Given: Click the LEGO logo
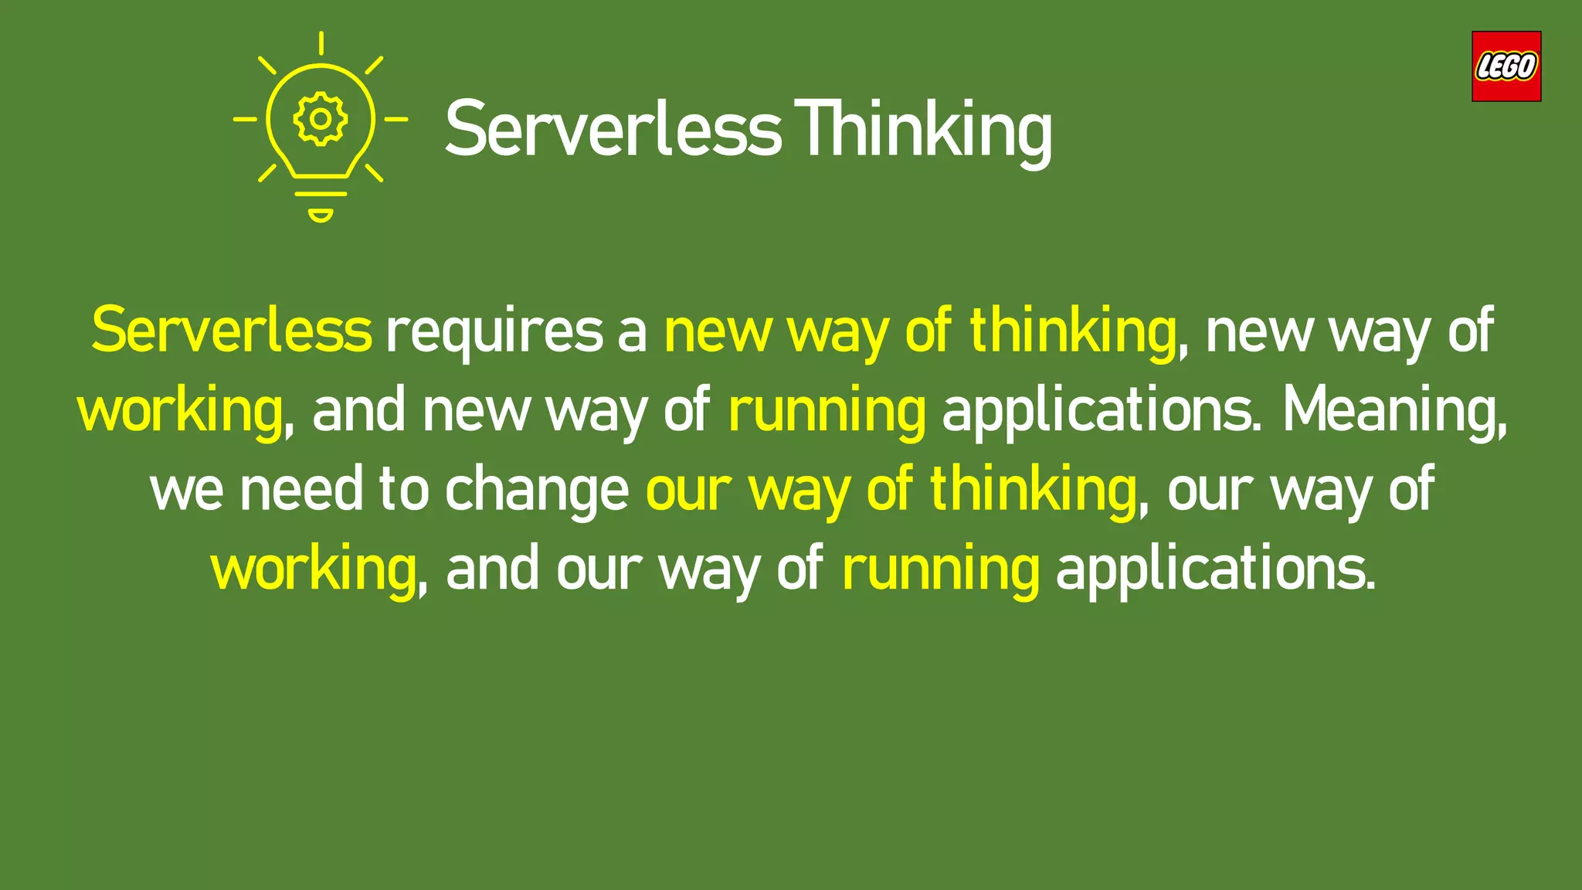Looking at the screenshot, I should pos(1506,66).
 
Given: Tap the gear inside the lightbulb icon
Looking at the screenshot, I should pos(320,119).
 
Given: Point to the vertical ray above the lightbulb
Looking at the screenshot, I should pos(321,43).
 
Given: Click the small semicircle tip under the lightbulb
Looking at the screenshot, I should pos(321,215).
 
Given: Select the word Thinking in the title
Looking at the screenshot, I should pos(923,130).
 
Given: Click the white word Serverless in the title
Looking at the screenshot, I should pos(613,130).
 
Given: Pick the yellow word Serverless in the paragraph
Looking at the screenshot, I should pos(232,331).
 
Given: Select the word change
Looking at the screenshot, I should pos(537,491).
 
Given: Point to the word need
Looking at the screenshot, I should pos(301,489).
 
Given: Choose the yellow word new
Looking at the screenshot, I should pos(718,332).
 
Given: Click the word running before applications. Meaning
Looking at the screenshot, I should pos(827,411).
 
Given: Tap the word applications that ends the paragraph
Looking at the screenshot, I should pos(1215,569).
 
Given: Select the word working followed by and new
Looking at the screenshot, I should pos(180,411).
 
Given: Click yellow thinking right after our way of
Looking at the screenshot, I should pos(1033,489).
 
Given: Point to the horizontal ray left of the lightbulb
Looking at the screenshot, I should pos(245,119).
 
